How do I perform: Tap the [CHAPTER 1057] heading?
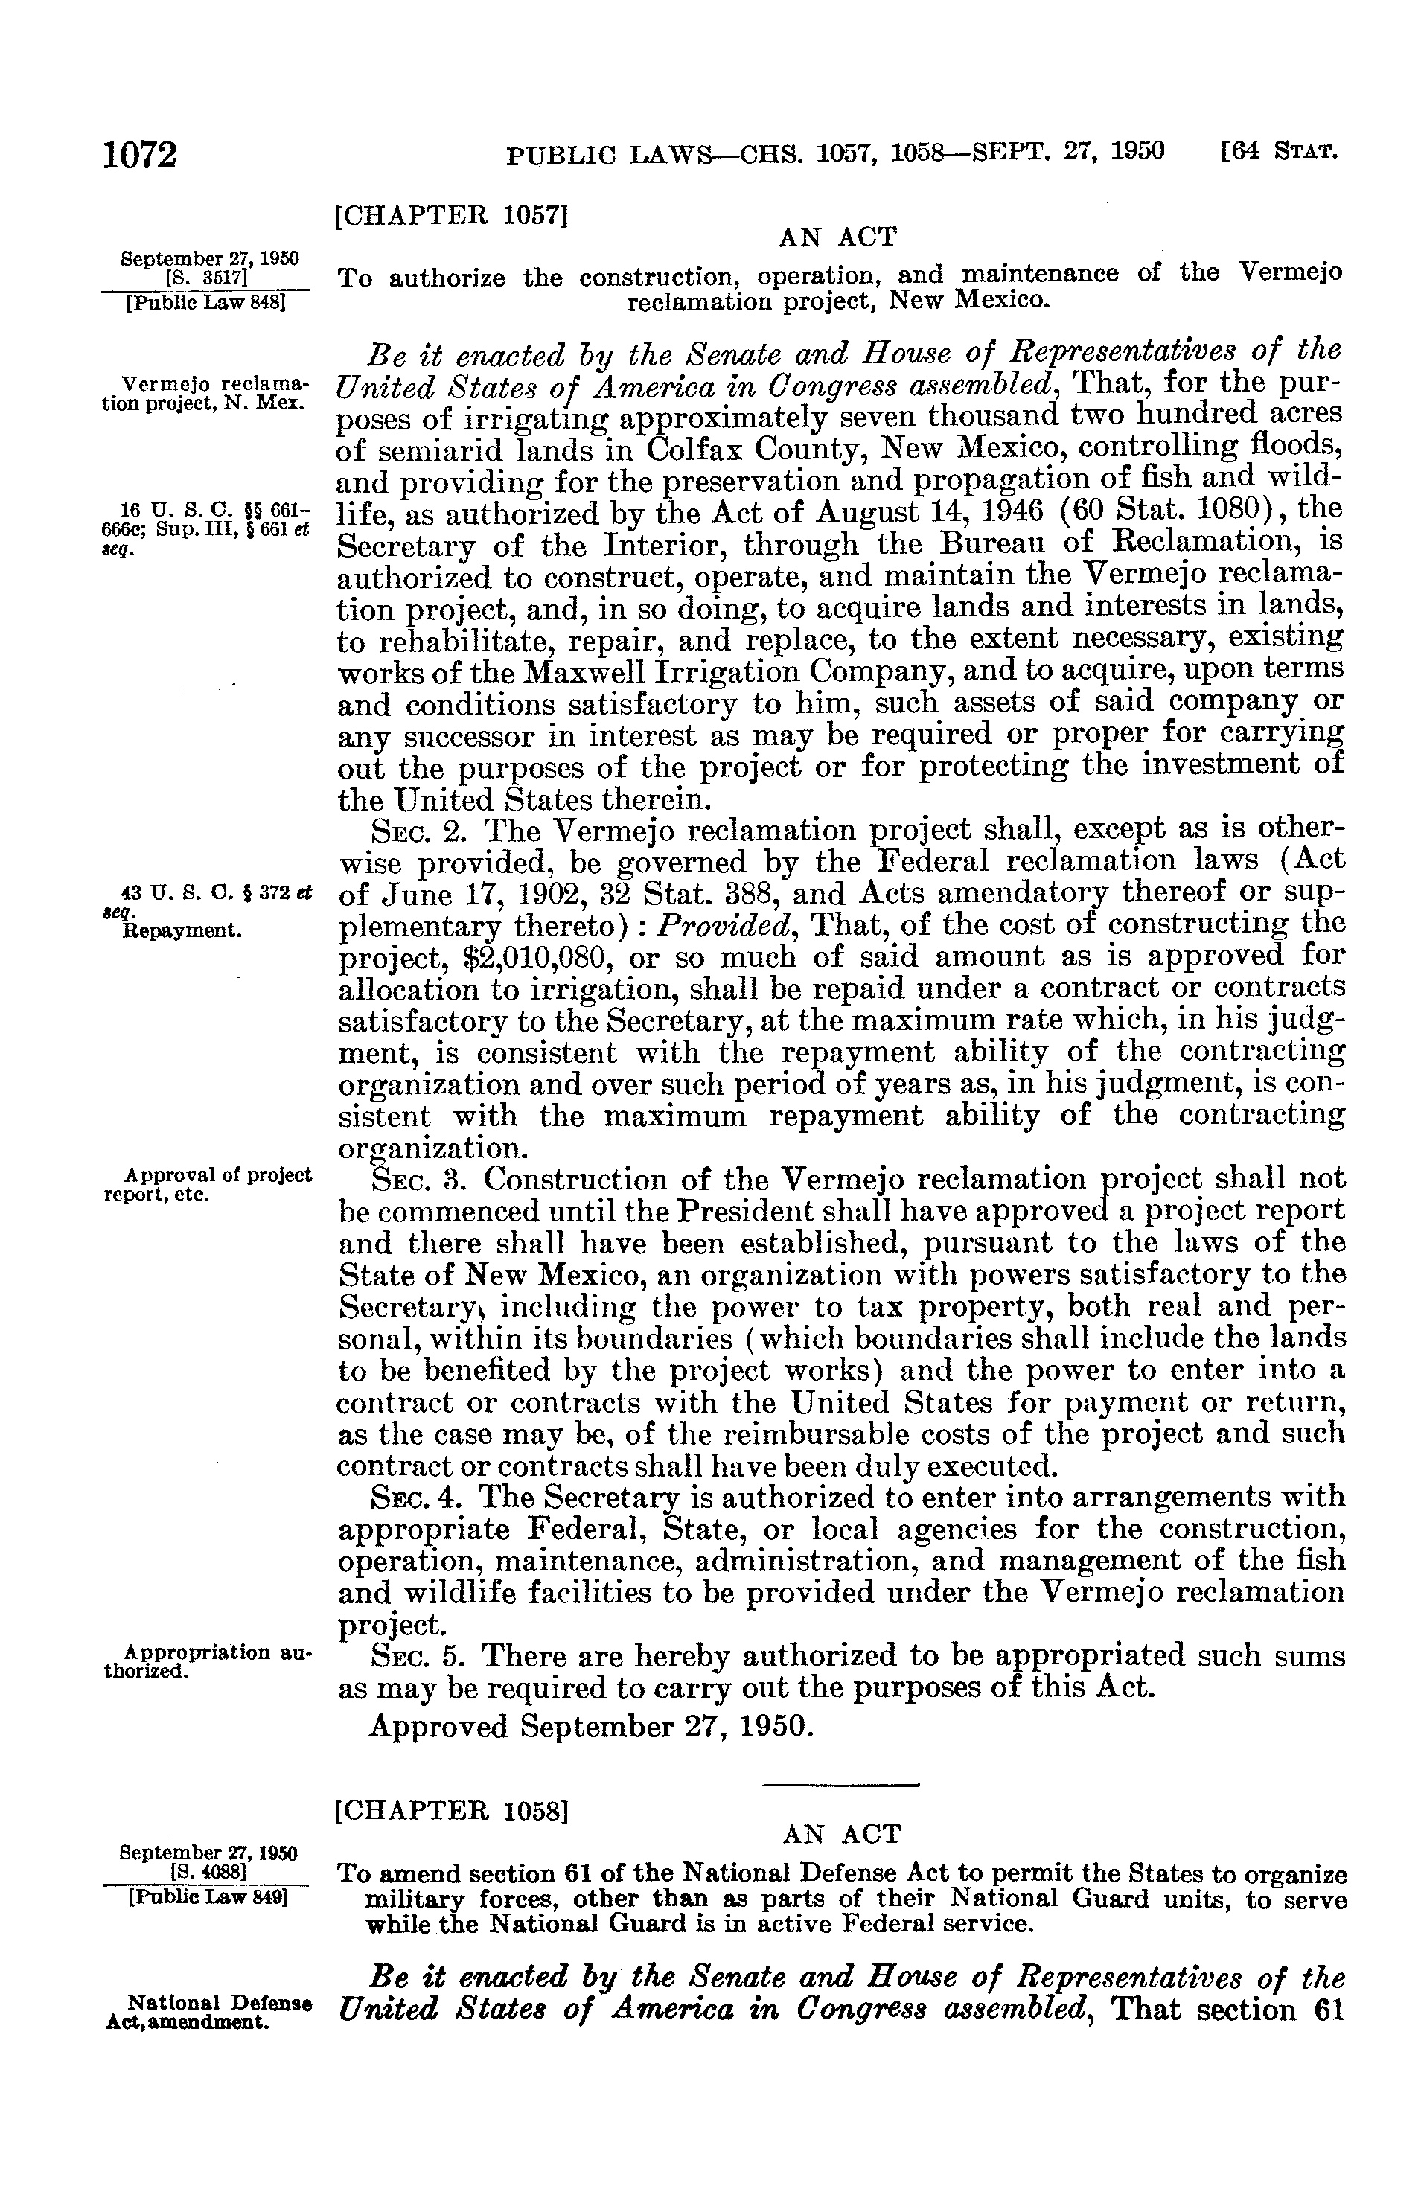452,217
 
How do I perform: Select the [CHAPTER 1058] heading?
452,1812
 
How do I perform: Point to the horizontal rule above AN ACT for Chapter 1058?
840,1785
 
